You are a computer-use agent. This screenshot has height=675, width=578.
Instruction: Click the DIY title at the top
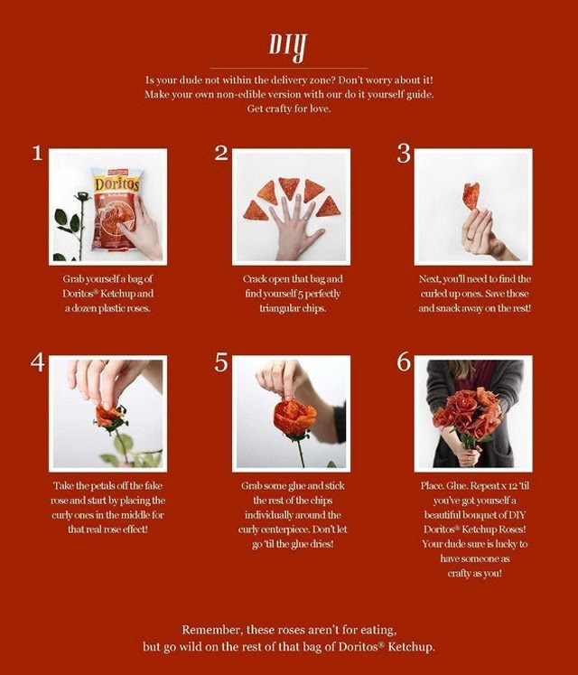(288, 47)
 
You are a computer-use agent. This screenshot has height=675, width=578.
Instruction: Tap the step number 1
(37, 154)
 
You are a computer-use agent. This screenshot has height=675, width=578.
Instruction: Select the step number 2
(221, 154)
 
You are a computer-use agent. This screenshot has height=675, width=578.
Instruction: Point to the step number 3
(404, 154)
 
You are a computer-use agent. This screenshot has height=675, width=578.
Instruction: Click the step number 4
(37, 362)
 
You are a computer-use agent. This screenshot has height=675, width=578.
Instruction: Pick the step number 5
(220, 362)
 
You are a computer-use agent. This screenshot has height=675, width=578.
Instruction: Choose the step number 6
(404, 361)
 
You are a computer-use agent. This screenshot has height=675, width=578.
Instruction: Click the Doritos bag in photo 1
(116, 210)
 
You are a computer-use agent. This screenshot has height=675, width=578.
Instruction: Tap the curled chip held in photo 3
(471, 196)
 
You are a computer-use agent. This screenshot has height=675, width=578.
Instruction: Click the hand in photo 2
(294, 228)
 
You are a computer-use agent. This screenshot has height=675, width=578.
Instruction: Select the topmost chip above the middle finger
(289, 187)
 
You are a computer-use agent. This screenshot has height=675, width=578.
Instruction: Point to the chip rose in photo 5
(294, 417)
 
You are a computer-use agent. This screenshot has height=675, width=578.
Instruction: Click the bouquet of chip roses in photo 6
(468, 412)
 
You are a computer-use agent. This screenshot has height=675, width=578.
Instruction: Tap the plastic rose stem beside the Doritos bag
(80, 226)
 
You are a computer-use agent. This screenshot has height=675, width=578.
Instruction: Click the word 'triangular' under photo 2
(275, 308)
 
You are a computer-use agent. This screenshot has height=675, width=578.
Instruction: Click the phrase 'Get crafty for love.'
(289, 108)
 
